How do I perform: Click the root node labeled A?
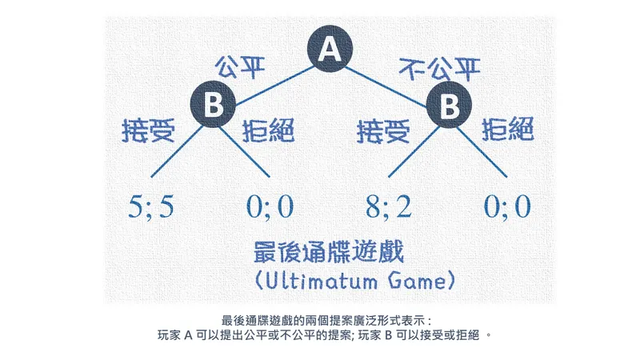pos(330,49)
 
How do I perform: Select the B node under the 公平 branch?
pos(213,104)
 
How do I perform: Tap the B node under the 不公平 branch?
pos(449,105)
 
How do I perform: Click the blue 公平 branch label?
pos(240,67)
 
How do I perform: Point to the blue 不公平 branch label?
pos(439,69)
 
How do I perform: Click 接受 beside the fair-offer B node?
pos(149,130)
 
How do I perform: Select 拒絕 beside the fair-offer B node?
pos(268,130)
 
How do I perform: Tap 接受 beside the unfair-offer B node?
pos(383,131)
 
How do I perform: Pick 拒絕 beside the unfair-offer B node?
pos(508,129)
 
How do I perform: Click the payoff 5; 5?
pos(151,206)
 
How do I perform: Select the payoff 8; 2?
pos(389,206)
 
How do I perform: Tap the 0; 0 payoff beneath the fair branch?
pos(270,206)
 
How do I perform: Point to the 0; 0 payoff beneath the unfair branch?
pos(507,206)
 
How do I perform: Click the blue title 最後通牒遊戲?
pos(329,252)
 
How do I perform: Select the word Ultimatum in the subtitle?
pos(322,282)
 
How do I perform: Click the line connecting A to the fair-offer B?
pos(274,86)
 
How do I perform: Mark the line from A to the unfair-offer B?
pos(386,87)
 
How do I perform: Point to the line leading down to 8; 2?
pos(414,152)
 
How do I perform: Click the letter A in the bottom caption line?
pos(188,335)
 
